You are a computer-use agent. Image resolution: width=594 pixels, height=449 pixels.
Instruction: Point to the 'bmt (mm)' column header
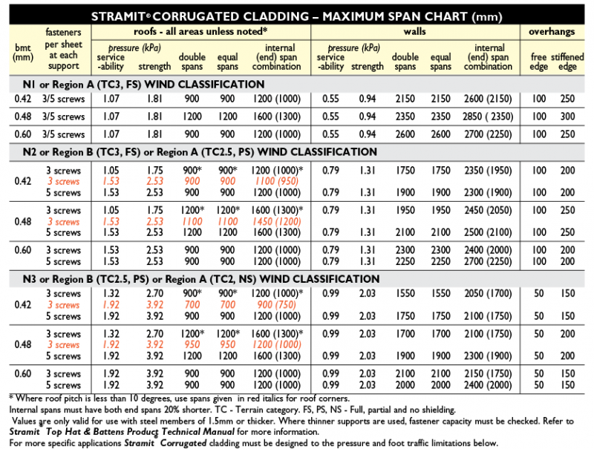23,51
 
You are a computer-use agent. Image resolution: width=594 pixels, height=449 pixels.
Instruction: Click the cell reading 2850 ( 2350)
488,117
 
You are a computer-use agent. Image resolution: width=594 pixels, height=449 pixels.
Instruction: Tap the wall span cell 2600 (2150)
488,99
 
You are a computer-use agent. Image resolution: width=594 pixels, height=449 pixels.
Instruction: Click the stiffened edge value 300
567,117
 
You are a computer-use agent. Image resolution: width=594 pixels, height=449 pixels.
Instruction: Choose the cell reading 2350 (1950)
488,170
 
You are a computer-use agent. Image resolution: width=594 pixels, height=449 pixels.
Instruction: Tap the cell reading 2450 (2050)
488,211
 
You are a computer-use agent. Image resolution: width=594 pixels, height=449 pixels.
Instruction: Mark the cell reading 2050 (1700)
488,294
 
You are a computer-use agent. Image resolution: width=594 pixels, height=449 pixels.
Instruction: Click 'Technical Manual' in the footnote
198,431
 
